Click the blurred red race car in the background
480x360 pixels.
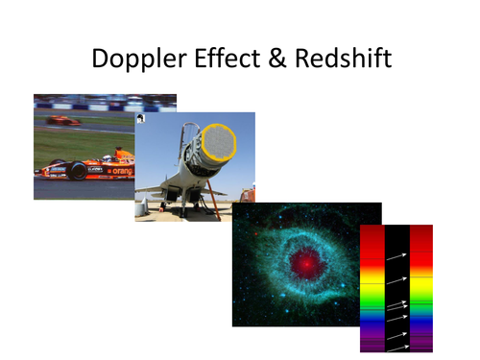(61, 120)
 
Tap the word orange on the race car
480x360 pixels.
(123, 171)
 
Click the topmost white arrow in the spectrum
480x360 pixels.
(396, 256)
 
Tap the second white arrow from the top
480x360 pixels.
(396, 283)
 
